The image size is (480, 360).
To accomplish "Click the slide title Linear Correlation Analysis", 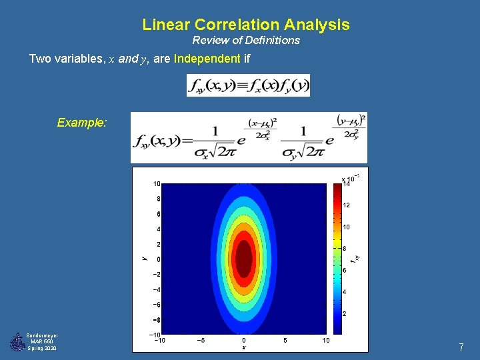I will [x=245, y=25].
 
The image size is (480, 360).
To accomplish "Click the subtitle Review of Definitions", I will [x=246, y=41].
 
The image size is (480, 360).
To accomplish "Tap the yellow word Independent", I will [x=207, y=59].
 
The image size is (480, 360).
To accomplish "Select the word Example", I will [x=81, y=123].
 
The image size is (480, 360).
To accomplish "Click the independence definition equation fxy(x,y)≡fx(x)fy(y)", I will [x=248, y=85].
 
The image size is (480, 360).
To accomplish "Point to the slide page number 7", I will [x=461, y=347].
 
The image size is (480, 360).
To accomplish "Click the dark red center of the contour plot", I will [x=244, y=258].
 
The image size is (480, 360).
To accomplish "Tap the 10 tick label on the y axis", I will [x=156, y=183].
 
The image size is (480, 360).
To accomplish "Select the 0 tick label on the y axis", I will [x=158, y=259].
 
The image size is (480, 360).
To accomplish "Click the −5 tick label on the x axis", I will [x=200, y=341].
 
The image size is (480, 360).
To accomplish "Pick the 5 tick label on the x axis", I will [x=285, y=341].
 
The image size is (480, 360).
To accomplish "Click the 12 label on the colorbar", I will [x=346, y=205].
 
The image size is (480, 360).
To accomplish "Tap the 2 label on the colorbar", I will [x=345, y=313].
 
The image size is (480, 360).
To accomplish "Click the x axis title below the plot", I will [x=243, y=347].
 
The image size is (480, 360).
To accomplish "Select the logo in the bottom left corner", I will [x=17, y=342].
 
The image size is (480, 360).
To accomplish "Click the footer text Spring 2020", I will [x=42, y=349].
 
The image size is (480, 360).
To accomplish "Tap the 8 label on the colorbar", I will [x=345, y=249].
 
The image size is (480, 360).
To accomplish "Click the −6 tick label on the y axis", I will [x=155, y=305].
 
